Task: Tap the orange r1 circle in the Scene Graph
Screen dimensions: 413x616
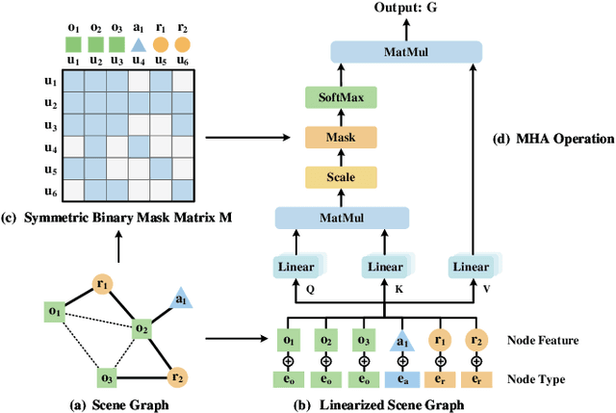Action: click(103, 283)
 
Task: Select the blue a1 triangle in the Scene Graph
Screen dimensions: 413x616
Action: click(180, 300)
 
